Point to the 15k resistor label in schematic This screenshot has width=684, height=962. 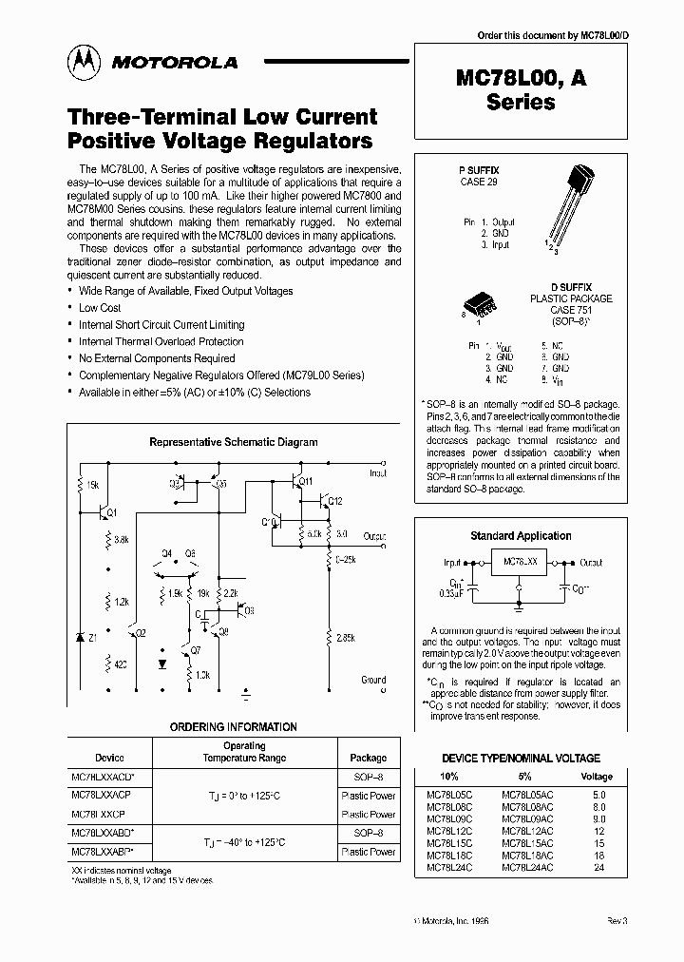tap(93, 486)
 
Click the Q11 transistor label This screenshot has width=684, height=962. tap(305, 482)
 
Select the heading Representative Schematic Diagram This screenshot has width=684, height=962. tap(234, 442)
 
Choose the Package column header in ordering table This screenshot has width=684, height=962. tap(369, 758)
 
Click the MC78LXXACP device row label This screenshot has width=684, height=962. tap(102, 795)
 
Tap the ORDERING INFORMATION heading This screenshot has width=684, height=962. tap(234, 726)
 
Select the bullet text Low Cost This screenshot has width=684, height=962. tap(100, 308)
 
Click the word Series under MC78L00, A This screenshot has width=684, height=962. tap(521, 104)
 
